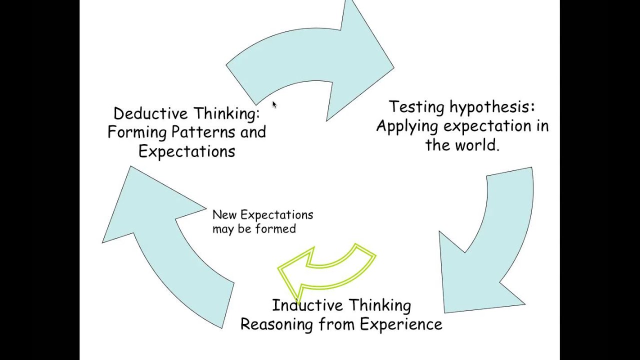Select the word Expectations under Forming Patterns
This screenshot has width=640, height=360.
pyautogui.click(x=186, y=151)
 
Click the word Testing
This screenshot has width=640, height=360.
pyautogui.click(x=417, y=107)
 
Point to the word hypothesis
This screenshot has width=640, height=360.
pyautogui.click(x=492, y=107)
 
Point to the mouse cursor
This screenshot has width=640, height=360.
pyautogui.click(x=274, y=104)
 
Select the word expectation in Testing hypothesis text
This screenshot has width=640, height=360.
pyautogui.click(x=488, y=126)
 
